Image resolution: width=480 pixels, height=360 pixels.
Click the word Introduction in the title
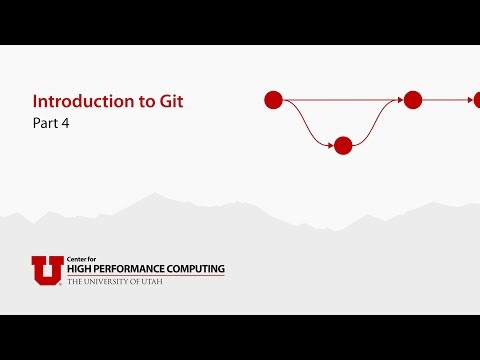tap(79, 102)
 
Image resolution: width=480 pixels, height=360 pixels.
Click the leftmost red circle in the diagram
tap(273, 100)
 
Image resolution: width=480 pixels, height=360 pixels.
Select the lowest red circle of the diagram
tap(343, 146)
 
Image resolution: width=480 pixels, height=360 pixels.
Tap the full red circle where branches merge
tap(413, 100)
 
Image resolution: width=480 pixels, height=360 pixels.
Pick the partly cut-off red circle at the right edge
tap(477, 100)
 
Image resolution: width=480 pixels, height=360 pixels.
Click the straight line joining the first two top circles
tap(340, 100)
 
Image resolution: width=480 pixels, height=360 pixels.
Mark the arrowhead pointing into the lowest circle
tap(330, 146)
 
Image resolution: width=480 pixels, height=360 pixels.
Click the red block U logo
tap(47, 270)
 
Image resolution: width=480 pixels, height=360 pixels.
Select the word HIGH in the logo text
tap(81, 269)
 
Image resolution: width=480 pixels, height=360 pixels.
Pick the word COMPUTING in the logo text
tap(198, 269)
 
